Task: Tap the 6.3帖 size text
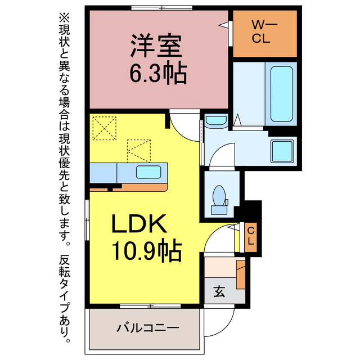click(x=157, y=73)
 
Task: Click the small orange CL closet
click(x=251, y=237)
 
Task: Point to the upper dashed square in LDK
click(x=104, y=128)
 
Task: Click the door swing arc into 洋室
click(x=184, y=124)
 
